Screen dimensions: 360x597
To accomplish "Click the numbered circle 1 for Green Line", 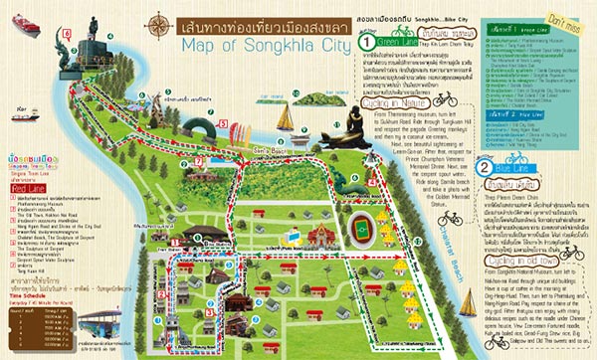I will click(367, 43).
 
